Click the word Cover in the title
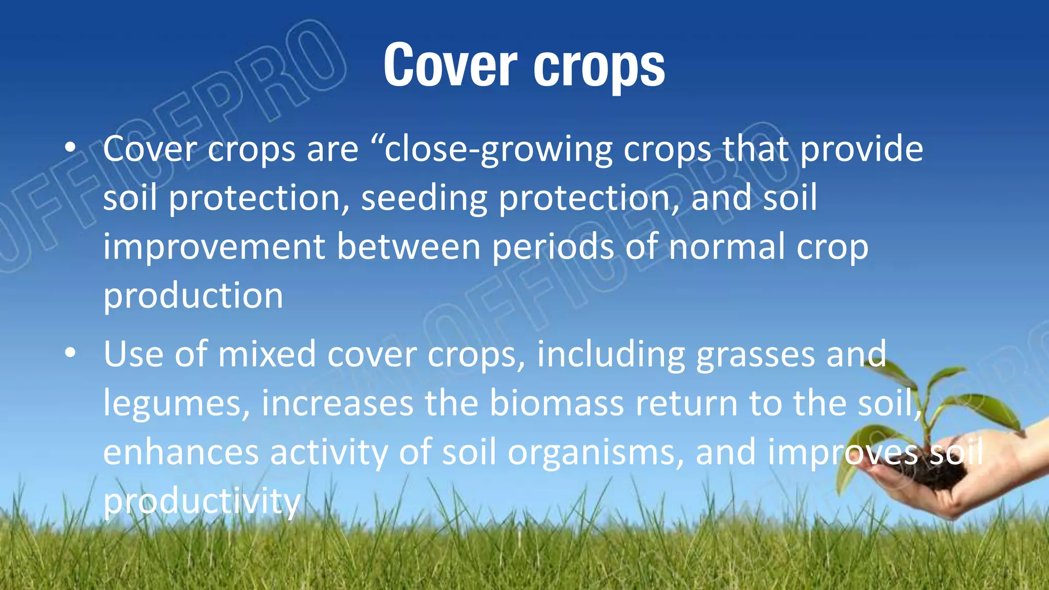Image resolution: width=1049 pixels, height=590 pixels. pyautogui.click(x=450, y=65)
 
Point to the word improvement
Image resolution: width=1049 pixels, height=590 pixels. pyautogui.click(x=214, y=248)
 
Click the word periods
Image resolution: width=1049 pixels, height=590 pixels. pyautogui.click(x=553, y=248)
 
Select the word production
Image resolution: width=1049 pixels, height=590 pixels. pyautogui.click(x=193, y=297)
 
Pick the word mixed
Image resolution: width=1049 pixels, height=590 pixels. pyautogui.click(x=267, y=354)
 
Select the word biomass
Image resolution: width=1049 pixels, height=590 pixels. pyautogui.click(x=556, y=403)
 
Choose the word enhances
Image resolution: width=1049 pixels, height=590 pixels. pyautogui.click(x=181, y=452)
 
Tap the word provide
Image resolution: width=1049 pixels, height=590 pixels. pyautogui.click(x=862, y=150)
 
